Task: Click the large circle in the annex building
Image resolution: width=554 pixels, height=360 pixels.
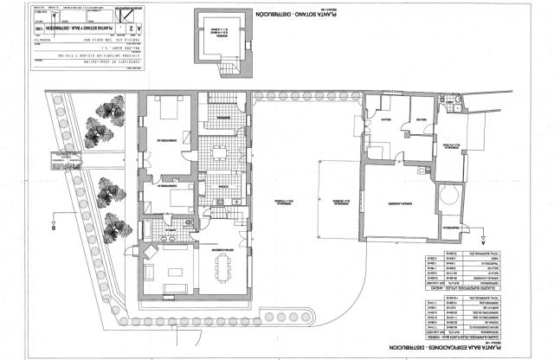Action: pos(450,194)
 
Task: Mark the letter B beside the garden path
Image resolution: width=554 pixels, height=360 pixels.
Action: pos(53,230)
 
